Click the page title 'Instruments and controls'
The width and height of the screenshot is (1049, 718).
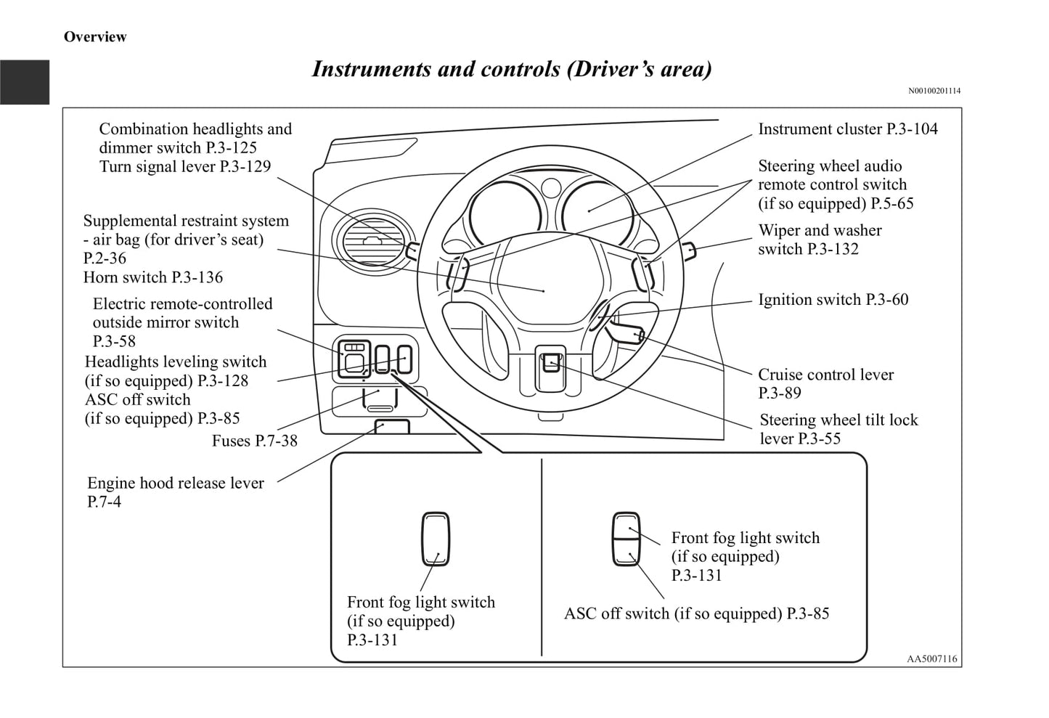point(511,69)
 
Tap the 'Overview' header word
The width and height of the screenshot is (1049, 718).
point(95,37)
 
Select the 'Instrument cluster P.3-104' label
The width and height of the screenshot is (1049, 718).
point(847,129)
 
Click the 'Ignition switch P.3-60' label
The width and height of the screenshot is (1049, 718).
point(833,300)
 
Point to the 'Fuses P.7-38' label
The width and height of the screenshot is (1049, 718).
point(254,441)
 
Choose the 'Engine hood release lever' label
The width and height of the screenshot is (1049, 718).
point(175,491)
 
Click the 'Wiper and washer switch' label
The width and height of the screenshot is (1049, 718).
point(819,240)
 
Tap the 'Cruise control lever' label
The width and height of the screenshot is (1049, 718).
point(825,383)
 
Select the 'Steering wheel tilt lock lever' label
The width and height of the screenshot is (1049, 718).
point(838,429)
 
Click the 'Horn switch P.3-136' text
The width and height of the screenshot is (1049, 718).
point(153,277)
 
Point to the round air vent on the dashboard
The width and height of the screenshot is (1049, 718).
point(370,242)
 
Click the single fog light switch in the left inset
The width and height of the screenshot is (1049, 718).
point(436,539)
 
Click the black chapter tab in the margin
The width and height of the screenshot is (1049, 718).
point(25,82)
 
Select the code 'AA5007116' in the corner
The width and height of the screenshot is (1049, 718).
point(931,659)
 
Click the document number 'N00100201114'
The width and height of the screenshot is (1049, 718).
point(934,91)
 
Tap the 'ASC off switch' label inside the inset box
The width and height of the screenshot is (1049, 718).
point(696,613)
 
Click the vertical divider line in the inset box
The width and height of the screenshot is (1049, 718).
point(542,558)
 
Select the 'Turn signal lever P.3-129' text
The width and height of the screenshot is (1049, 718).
point(184,166)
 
